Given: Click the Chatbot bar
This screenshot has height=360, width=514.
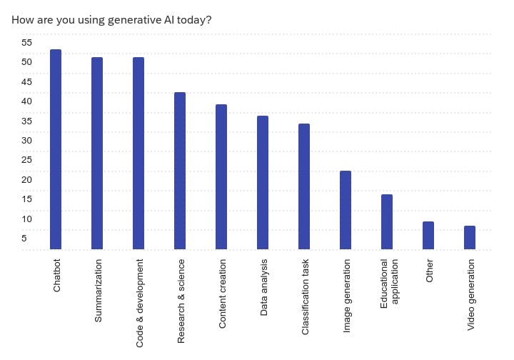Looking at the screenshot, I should (x=56, y=150).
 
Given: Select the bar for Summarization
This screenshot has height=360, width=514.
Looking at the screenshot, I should (x=97, y=154).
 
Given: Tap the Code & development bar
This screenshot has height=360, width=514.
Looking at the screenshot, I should (x=138, y=154).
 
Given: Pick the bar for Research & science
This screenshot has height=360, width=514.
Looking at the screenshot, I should (x=180, y=171).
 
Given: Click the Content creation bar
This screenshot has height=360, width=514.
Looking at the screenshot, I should (x=221, y=177).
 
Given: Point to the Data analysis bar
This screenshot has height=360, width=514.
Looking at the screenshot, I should (x=263, y=183).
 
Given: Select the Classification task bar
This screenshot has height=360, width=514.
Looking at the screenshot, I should (x=304, y=187).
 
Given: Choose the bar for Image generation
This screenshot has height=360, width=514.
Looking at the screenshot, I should (x=346, y=211).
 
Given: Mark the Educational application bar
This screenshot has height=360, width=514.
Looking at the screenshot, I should (x=387, y=222).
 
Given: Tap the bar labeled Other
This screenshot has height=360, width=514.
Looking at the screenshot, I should (x=428, y=236).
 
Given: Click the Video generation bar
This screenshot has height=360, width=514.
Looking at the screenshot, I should (x=470, y=238).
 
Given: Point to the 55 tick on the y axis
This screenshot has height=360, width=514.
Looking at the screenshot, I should (x=26, y=42).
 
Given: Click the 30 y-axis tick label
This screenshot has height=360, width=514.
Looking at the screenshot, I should (x=26, y=140).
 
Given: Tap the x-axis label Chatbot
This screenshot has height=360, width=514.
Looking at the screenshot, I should (x=56, y=276).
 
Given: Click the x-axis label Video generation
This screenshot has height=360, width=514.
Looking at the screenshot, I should (x=470, y=296).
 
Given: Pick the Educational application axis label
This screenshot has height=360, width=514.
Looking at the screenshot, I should (x=389, y=284).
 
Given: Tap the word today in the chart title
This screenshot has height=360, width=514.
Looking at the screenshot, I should (x=194, y=19).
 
